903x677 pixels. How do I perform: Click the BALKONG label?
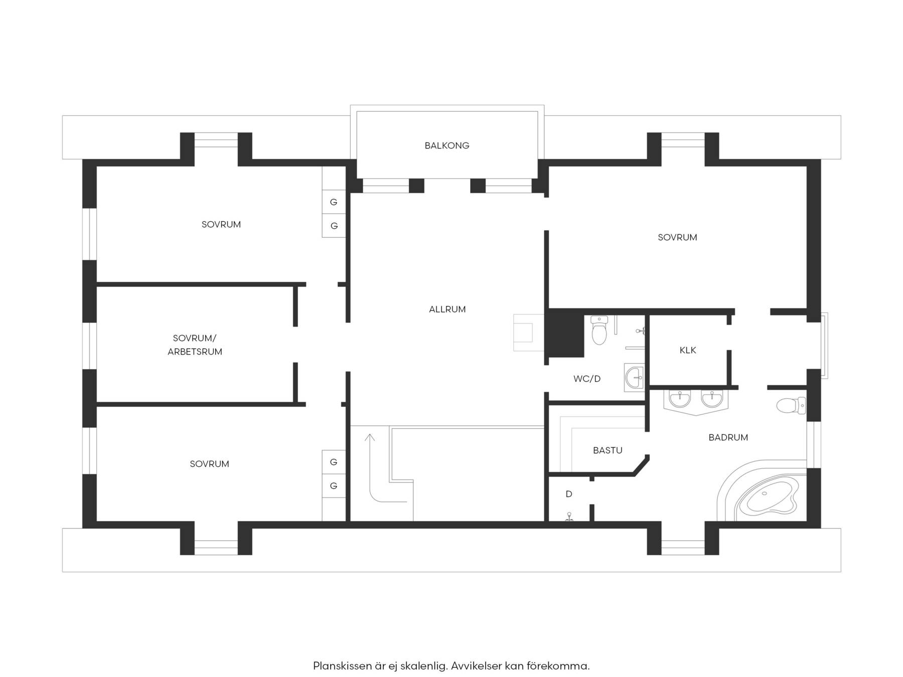point(447,145)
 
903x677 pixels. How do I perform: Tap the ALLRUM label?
point(447,309)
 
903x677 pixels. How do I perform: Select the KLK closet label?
point(688,350)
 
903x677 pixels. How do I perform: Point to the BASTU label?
point(608,450)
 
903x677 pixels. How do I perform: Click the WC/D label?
point(587,379)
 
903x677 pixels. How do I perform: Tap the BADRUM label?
point(728,437)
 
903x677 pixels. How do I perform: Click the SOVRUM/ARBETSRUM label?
point(195,345)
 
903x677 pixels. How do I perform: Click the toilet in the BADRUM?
point(791,405)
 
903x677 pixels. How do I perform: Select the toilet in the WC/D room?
point(599,330)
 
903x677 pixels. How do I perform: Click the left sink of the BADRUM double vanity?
point(680,399)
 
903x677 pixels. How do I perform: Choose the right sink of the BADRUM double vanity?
point(712,399)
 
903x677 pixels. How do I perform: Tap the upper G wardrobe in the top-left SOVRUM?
point(334,202)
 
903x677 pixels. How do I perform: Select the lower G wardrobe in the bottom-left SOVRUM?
point(334,486)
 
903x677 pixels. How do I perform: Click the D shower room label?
point(569,494)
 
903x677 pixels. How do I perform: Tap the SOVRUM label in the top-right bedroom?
point(677,237)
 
